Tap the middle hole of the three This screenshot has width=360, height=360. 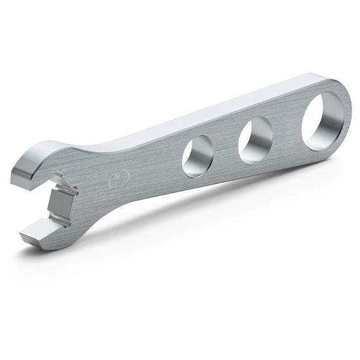(255, 137)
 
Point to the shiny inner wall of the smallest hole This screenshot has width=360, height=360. (190, 154)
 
